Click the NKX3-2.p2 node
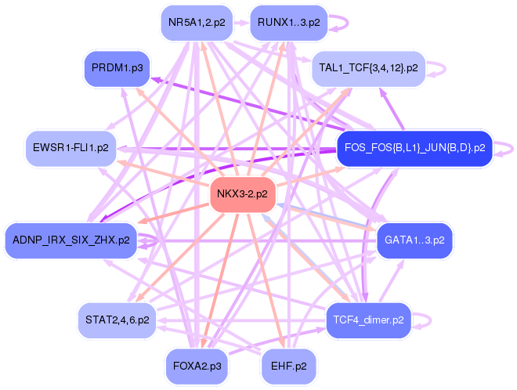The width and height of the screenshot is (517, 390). pyautogui.click(x=242, y=193)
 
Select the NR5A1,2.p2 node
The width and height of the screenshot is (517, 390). pyautogui.click(x=197, y=23)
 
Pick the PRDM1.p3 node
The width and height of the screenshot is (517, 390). pyautogui.click(x=117, y=69)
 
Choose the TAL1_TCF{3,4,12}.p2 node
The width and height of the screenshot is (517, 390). pyautogui.click(x=368, y=69)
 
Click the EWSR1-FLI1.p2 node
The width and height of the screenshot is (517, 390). pyautogui.click(x=71, y=147)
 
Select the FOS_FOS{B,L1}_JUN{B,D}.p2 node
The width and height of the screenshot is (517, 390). pyautogui.click(x=415, y=147)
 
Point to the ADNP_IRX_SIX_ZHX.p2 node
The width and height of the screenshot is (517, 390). pyautogui.click(x=71, y=240)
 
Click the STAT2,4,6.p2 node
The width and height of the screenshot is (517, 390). pyautogui.click(x=117, y=320)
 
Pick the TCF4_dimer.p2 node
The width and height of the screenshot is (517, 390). pyautogui.click(x=368, y=320)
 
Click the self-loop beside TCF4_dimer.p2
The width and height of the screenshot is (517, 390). pyautogui.click(x=423, y=320)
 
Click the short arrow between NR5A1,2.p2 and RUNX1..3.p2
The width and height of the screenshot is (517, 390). pyautogui.click(x=241, y=23)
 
